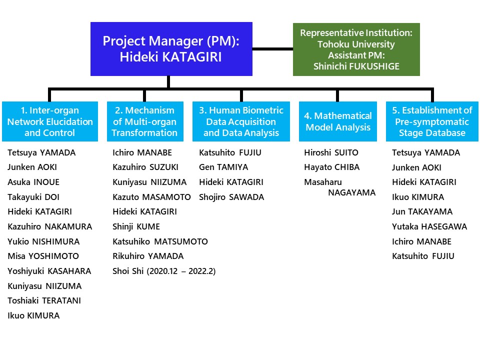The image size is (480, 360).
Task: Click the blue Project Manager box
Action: coord(171,49)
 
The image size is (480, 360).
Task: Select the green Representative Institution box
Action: coord(356,49)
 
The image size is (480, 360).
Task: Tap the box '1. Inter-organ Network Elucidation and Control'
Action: coord(50,121)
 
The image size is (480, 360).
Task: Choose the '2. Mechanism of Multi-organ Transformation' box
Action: coord(145,121)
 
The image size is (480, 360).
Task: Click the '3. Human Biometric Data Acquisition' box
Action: coord(241,121)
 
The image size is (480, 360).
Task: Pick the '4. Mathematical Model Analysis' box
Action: coord(338,121)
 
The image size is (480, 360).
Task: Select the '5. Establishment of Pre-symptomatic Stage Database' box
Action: coord(432,121)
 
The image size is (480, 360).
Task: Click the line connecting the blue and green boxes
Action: coord(273,48)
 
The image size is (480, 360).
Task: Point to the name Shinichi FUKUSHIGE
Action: coord(356,66)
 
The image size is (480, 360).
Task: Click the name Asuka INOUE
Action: coord(33,182)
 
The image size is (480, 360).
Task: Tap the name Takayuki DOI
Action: coord(33,197)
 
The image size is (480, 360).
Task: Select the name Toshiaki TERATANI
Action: coord(44,300)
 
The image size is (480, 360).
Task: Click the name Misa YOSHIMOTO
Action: coord(43,256)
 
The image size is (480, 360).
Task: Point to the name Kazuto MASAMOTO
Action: coord(151,197)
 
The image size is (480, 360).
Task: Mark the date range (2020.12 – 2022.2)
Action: coord(181,271)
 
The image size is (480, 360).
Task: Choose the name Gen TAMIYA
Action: coord(223,167)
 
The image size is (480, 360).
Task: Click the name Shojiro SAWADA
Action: coord(231,197)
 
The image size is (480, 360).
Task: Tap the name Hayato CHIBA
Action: coord(332,167)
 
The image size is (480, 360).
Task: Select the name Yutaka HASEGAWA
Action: coord(429,226)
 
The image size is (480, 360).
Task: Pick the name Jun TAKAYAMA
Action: coord(422,211)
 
